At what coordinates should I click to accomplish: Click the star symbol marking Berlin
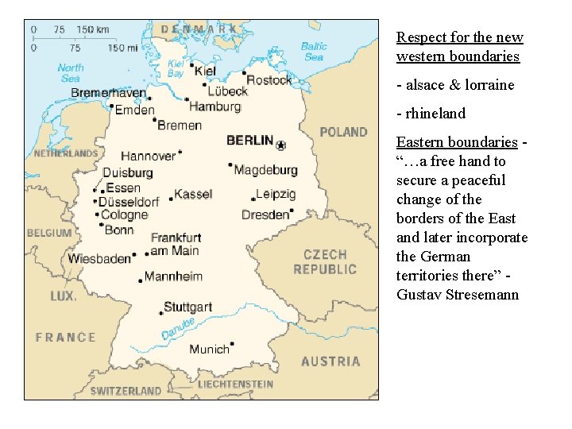point(280,145)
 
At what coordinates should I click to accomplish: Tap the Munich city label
point(209,349)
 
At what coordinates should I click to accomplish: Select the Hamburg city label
point(214,106)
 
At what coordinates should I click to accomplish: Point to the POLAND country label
point(343,132)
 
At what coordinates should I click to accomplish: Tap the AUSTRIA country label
point(330,361)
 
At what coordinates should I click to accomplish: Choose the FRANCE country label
point(65,337)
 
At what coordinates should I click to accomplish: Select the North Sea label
point(71,73)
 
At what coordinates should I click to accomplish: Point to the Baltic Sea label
point(314,52)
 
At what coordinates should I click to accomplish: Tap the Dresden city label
point(265,214)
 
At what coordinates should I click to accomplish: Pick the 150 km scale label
point(93,29)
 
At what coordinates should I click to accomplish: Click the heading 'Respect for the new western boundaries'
point(459,47)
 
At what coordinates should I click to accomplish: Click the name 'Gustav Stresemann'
point(457,295)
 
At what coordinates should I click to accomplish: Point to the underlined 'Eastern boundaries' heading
point(457,142)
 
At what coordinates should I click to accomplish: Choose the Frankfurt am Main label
point(175,244)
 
